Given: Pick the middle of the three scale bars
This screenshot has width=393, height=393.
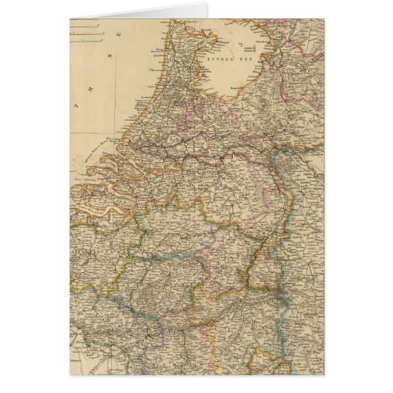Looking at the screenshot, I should coord(86,32).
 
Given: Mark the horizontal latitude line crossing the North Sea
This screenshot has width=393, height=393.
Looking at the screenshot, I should coord(96,133).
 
